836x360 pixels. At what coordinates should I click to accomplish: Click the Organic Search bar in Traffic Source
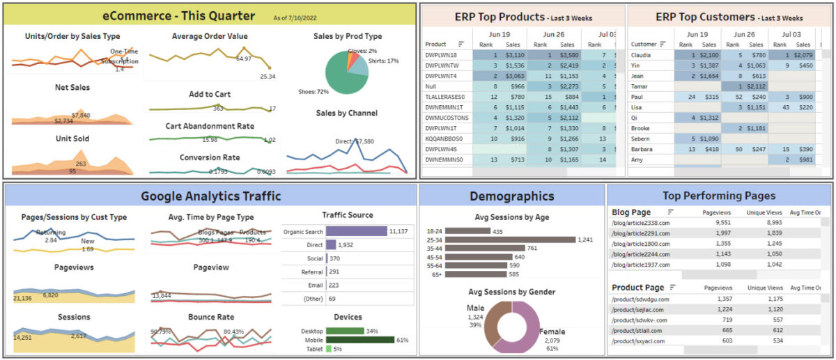tap(356, 231)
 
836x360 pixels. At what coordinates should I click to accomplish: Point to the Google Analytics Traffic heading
tap(210, 196)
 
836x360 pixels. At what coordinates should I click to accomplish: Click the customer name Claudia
tap(641, 54)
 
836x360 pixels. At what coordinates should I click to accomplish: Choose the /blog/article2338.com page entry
tap(641, 224)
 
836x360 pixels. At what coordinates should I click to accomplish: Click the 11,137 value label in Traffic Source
tap(398, 231)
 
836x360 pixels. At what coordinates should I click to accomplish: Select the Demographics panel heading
tap(511, 196)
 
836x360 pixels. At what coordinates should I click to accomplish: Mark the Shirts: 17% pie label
tap(383, 61)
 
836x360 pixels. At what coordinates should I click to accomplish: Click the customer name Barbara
tap(642, 149)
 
